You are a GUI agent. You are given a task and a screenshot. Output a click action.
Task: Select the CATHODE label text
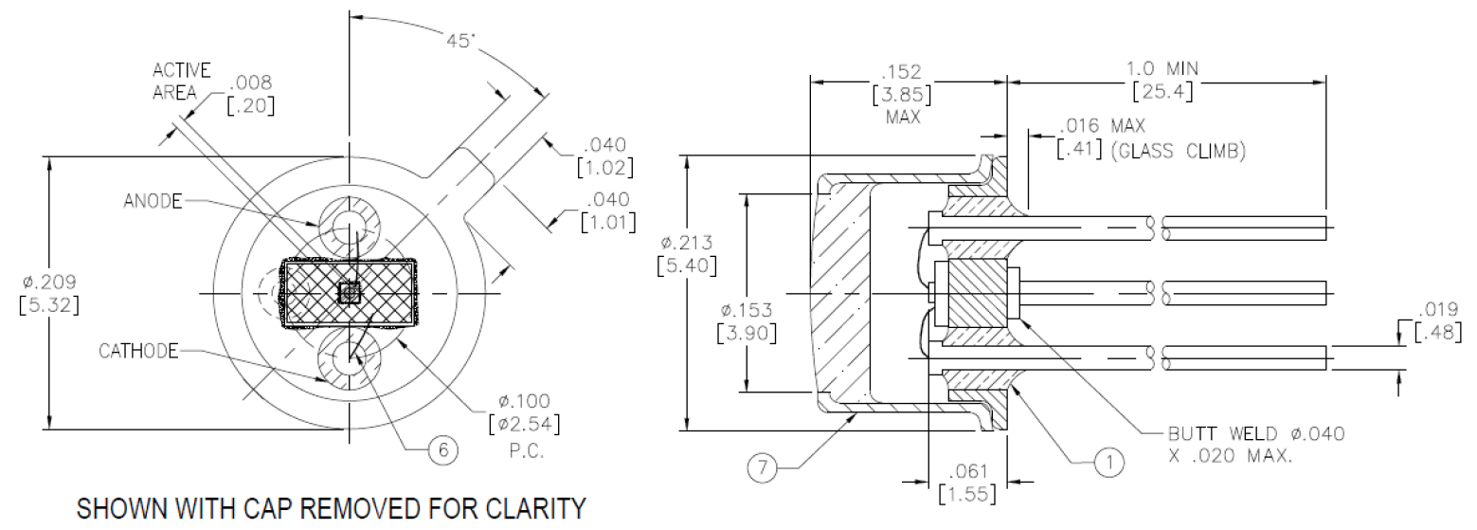[138, 351]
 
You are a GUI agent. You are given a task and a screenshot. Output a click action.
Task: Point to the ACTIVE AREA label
[179, 82]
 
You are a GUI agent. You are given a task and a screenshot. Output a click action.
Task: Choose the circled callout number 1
[1108, 462]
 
